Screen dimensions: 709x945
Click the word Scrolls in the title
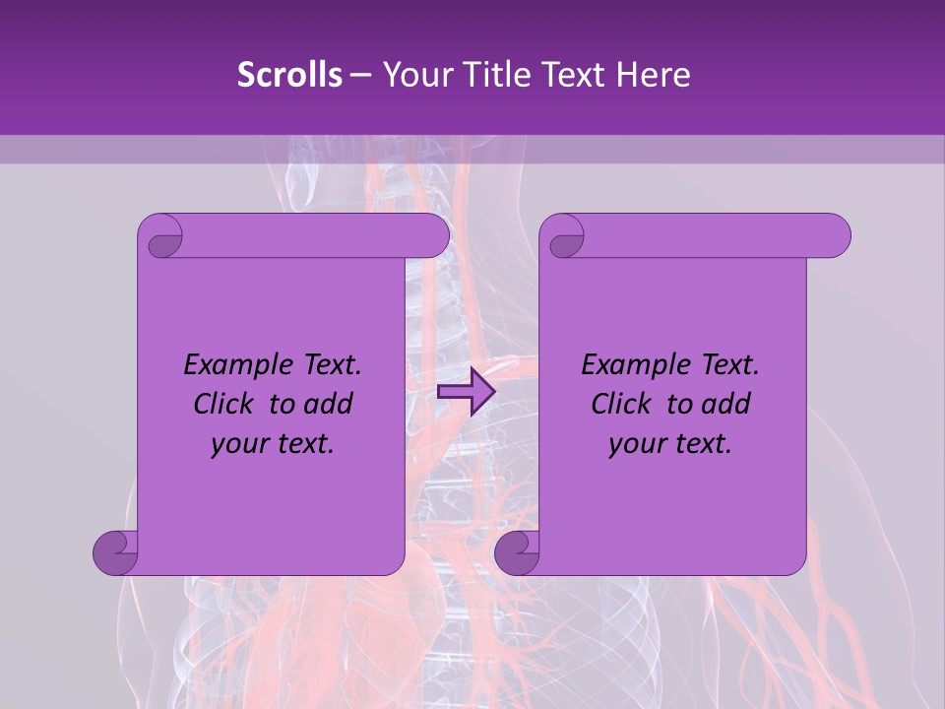click(x=289, y=75)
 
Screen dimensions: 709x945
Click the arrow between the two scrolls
click(x=466, y=392)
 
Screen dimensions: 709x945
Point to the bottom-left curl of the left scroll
click(x=115, y=550)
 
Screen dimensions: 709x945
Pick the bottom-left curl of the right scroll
click(x=517, y=550)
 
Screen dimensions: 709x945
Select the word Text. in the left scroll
click(x=328, y=365)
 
